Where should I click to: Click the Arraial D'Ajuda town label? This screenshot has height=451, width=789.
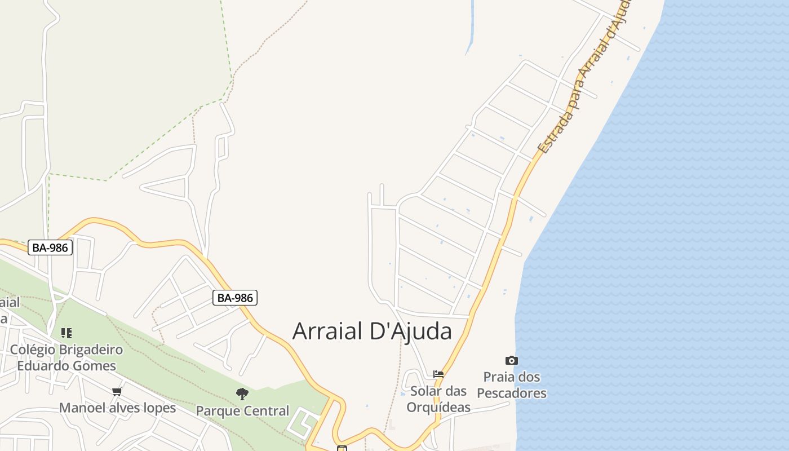tap(372, 331)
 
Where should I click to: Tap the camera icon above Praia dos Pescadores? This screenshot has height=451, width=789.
tap(511, 360)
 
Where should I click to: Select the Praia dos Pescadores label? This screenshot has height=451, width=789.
tap(512, 385)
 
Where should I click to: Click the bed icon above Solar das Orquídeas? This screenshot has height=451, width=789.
tap(438, 374)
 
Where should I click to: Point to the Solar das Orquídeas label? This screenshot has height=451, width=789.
tap(438, 399)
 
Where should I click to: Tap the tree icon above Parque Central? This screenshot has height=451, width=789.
tap(242, 393)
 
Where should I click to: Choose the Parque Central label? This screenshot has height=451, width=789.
tap(242, 411)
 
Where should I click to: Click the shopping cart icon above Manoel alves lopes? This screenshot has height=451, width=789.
tap(117, 391)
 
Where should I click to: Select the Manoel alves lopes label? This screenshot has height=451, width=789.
tap(117, 408)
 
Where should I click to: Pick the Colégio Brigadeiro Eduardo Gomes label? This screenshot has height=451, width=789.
tap(67, 357)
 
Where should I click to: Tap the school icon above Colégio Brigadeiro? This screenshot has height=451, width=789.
tap(67, 333)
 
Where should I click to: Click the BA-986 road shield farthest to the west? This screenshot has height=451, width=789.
tap(51, 247)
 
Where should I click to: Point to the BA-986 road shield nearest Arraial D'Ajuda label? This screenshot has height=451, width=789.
tap(235, 298)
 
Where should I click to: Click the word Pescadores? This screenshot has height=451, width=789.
tap(512, 393)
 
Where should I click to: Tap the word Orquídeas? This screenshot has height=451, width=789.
tap(438, 406)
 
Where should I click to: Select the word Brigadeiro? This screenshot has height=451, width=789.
tap(91, 350)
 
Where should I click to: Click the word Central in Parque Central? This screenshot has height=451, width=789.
tap(266, 411)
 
